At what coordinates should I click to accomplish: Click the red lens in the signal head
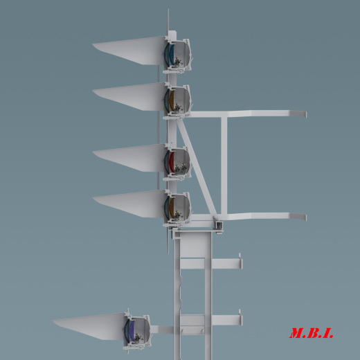tap(171, 161)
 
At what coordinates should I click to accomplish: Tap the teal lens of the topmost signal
tap(171, 55)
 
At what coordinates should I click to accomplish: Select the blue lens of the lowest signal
tap(132, 330)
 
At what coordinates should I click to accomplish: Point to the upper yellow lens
tap(171, 100)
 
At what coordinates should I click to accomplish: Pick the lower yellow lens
tap(171, 207)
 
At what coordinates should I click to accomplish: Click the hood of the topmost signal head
tap(129, 51)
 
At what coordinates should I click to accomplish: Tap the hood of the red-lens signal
tap(129, 158)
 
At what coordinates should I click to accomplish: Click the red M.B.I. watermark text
tap(312, 333)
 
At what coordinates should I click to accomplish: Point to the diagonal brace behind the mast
tap(197, 168)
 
